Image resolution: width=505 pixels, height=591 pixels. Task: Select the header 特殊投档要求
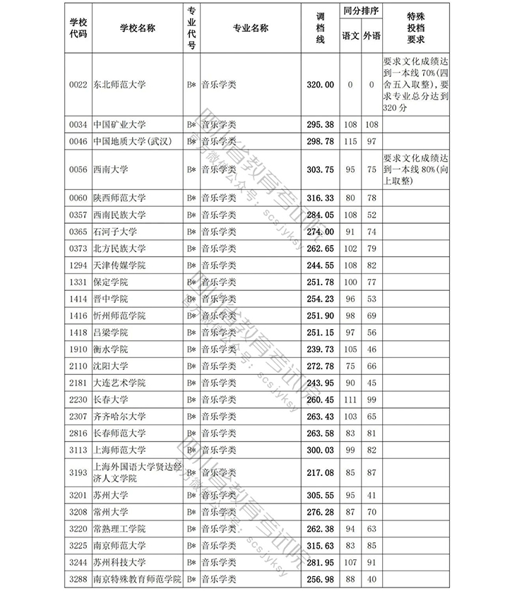click(416, 28)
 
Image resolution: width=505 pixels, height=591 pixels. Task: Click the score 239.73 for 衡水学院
click(319, 350)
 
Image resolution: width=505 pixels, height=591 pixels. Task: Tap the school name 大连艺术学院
click(119, 383)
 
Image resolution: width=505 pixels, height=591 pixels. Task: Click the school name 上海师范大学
click(119, 450)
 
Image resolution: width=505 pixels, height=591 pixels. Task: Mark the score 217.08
click(319, 472)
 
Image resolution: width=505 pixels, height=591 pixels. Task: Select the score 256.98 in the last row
click(319, 579)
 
